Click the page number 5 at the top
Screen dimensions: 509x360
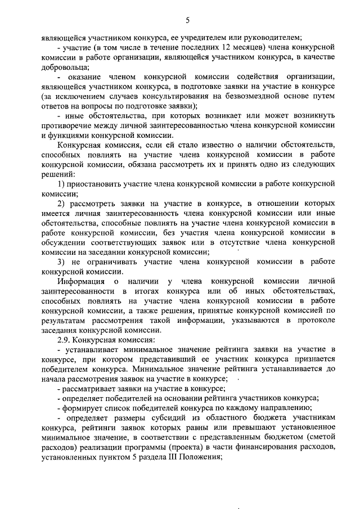[187, 20]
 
